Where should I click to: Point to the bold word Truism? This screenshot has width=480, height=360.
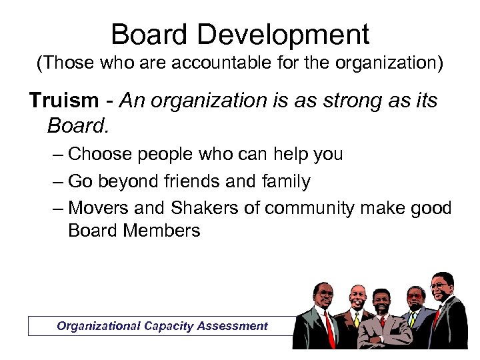[63, 101]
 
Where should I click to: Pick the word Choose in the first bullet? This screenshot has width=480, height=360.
[101, 154]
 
